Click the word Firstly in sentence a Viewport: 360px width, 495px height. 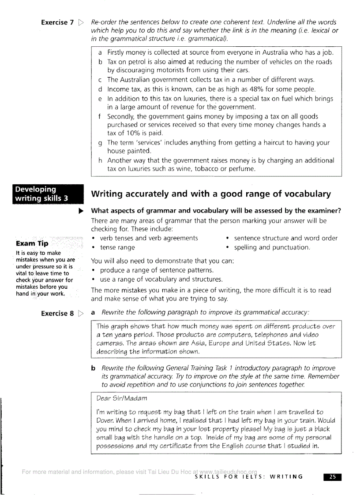117,52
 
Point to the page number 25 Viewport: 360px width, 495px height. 333,476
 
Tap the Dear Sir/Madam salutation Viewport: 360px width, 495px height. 117,398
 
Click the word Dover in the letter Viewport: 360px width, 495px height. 105,420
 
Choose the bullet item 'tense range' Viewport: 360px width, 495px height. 117,248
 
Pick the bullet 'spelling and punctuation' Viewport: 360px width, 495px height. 272,248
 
